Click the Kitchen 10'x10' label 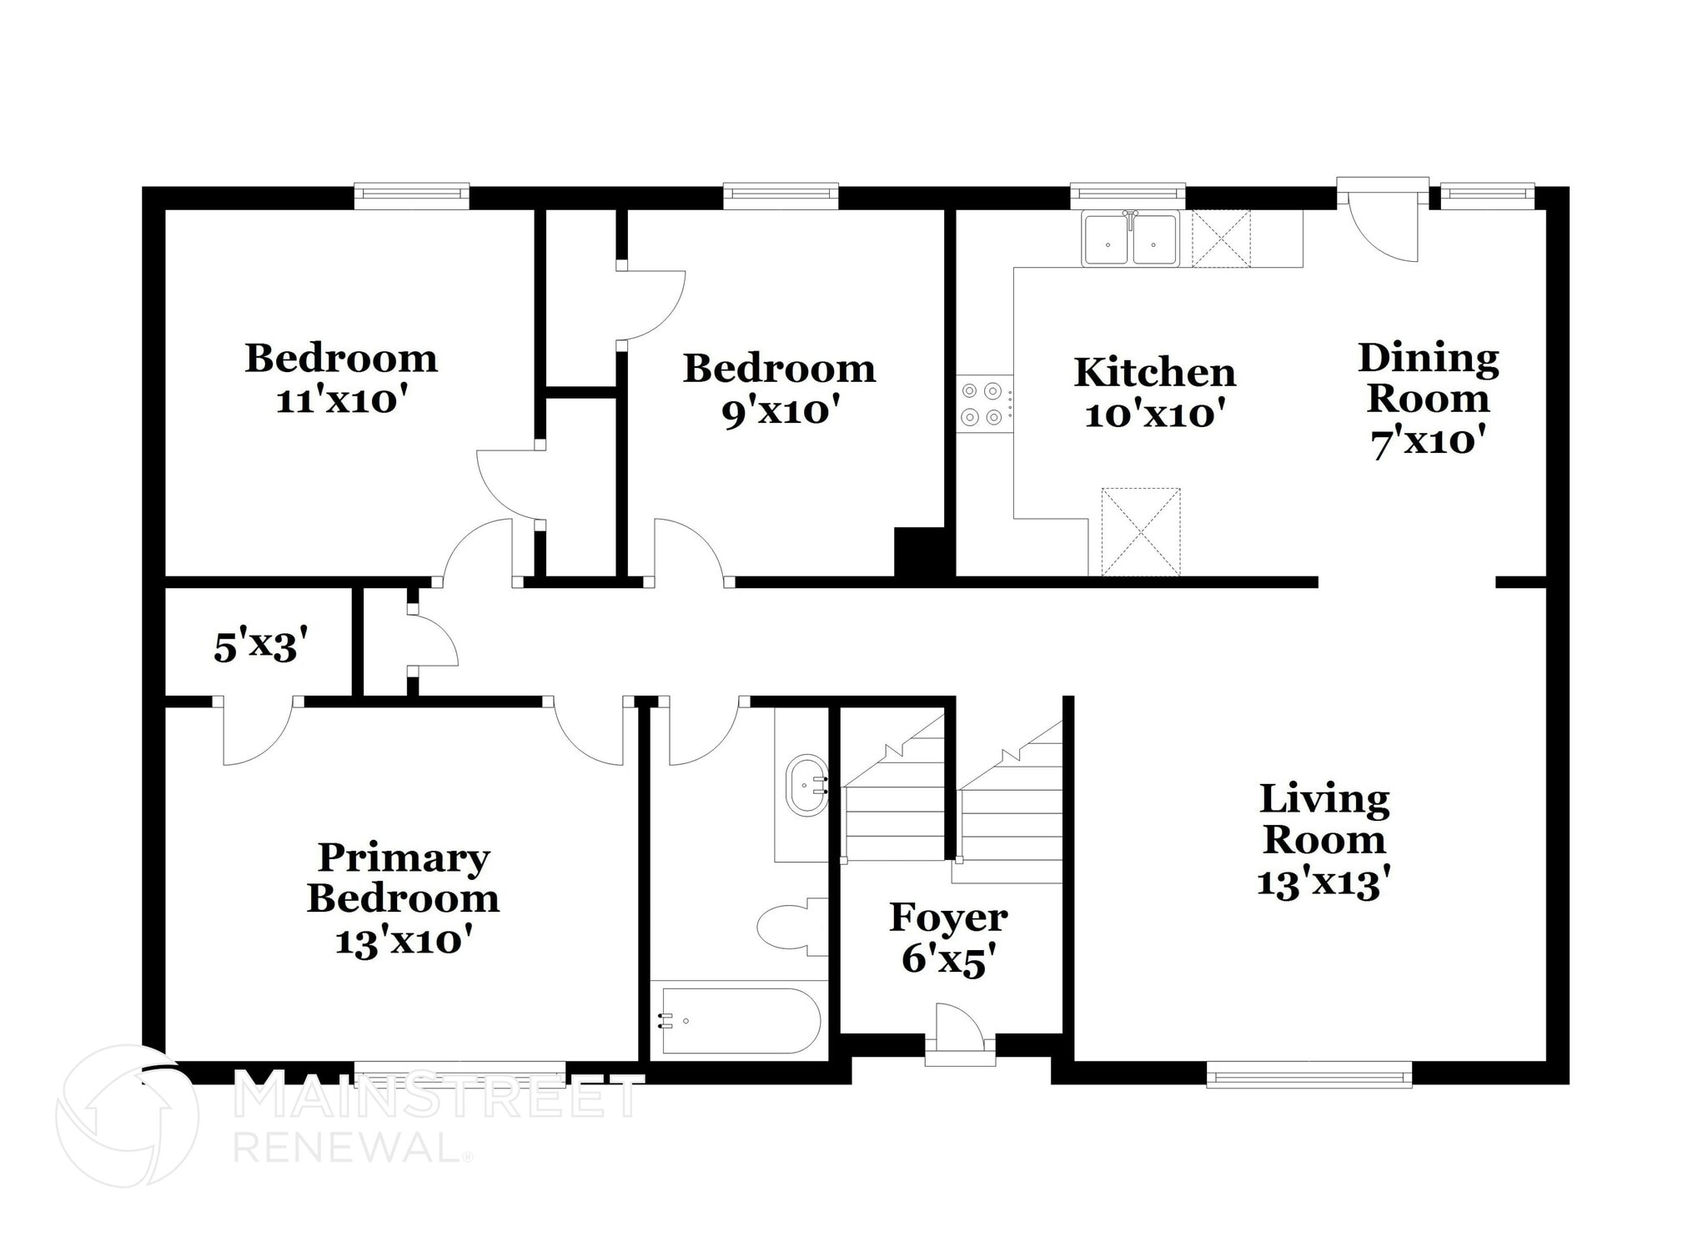tap(1154, 393)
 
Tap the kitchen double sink tap(1130, 239)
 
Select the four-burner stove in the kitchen tap(982, 404)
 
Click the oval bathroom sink tap(806, 785)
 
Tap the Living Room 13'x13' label tap(1324, 841)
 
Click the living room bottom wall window tap(1309, 1074)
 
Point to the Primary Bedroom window tap(460, 1074)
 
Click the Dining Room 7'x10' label tap(1428, 399)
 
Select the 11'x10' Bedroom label tap(341, 379)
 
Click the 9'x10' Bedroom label tap(779, 390)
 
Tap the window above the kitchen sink tap(1128, 194)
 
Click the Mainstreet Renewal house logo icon tap(127, 1116)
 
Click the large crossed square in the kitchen tap(1140, 532)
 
